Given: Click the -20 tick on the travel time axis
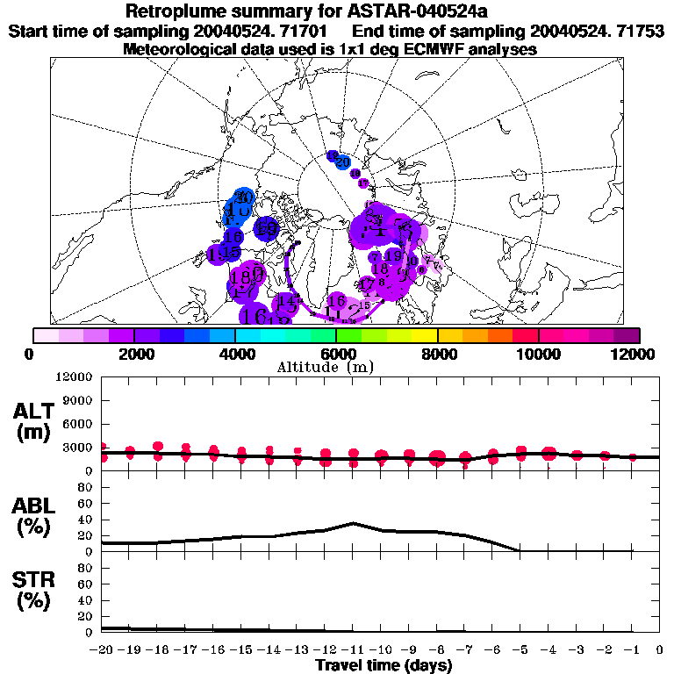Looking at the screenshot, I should pos(102,650).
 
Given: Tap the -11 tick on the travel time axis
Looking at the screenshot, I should pos(353,650).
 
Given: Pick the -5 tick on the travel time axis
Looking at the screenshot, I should pos(520,650).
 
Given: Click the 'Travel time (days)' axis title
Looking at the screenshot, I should pos(384,666).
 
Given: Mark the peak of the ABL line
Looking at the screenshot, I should pos(353,523).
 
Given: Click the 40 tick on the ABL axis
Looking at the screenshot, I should pos(85,520).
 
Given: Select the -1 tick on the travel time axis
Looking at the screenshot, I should pos(632,650).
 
